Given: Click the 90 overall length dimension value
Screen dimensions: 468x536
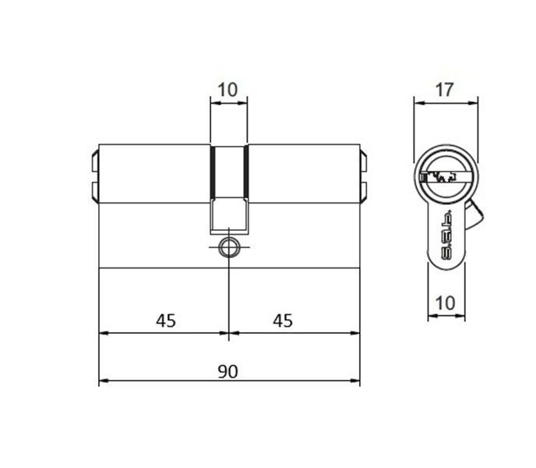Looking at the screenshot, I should click(x=227, y=371).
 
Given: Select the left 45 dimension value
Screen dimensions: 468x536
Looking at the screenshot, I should click(x=165, y=321).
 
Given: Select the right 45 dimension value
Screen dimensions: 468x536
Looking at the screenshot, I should click(x=284, y=321).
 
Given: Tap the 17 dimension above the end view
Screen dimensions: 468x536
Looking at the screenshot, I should click(x=444, y=90).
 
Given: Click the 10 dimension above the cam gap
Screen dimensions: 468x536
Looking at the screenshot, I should click(x=227, y=90).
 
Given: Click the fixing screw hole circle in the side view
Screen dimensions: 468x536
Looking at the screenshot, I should click(x=228, y=246).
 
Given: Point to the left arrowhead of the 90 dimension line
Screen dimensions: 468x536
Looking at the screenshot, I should click(x=103, y=382).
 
